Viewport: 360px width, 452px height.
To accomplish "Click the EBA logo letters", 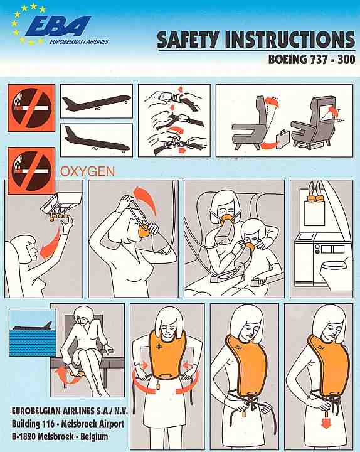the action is [x=58, y=26].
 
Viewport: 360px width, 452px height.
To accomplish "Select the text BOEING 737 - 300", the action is [x=312, y=60].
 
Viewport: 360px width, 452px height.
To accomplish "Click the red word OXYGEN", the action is [x=88, y=171].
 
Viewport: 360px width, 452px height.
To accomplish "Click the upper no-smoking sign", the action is [x=31, y=108].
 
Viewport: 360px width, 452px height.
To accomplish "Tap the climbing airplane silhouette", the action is [x=97, y=102].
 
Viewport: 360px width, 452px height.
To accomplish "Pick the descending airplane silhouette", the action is [x=97, y=140].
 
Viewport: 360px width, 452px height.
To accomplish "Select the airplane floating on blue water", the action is [x=33, y=326].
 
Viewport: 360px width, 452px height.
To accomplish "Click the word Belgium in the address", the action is [x=95, y=436].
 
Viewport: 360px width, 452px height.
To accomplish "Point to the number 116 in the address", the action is [x=48, y=424].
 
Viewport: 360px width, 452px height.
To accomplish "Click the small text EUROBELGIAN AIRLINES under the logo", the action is [x=79, y=42].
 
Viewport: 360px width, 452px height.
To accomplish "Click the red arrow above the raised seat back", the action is [x=272, y=102].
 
